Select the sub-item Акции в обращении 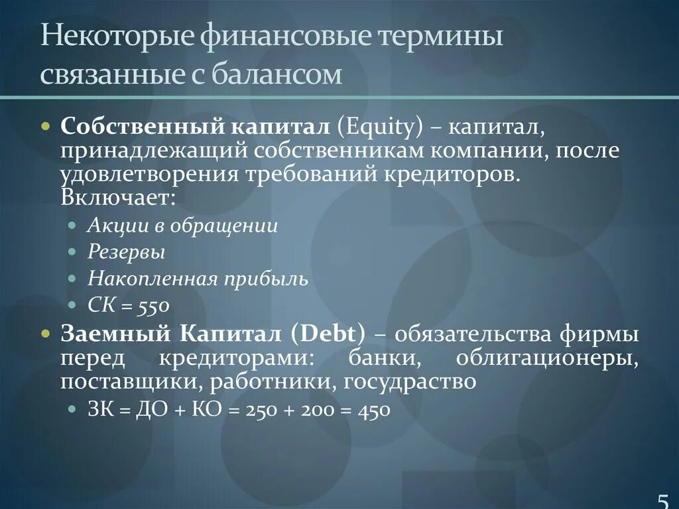click(x=182, y=225)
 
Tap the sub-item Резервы click(x=126, y=252)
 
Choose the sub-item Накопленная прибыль click(x=198, y=279)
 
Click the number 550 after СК click(x=154, y=306)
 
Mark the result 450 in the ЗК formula click(x=374, y=410)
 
